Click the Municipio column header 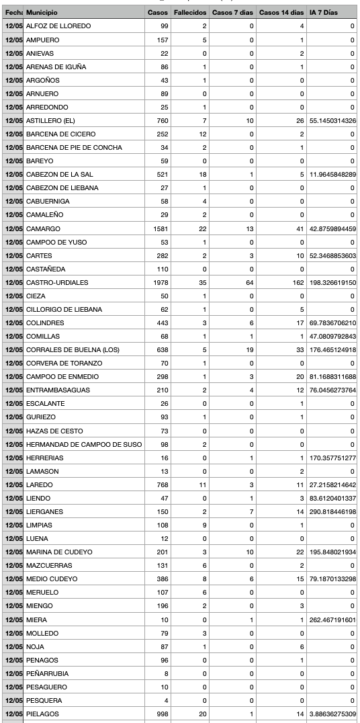(x=42, y=13)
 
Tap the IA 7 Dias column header (x=324, y=13)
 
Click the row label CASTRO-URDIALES (x=57, y=282)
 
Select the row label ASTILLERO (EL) (x=50, y=121)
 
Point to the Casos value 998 (x=161, y=714)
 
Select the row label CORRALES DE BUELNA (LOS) (x=69, y=349)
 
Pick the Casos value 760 (x=161, y=121)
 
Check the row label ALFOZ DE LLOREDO (x=58, y=26)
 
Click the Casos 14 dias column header (x=281, y=13)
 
